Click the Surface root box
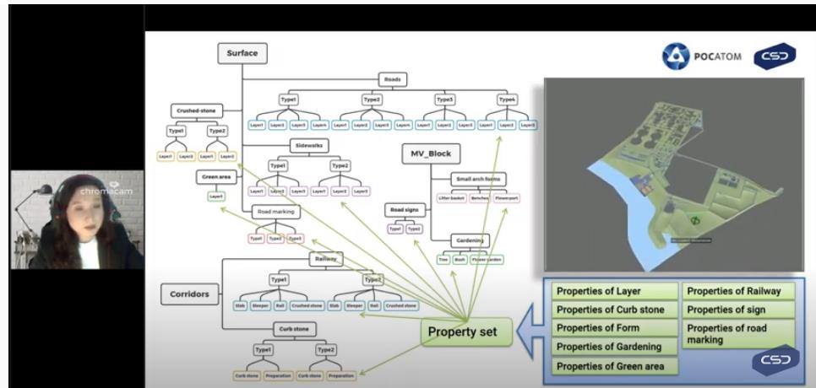tap(242, 54)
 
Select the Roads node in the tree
tap(393, 81)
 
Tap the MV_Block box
tap(429, 154)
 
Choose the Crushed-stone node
tap(196, 110)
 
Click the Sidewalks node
tap(308, 146)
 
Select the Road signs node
tap(405, 209)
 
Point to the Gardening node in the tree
tap(469, 240)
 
